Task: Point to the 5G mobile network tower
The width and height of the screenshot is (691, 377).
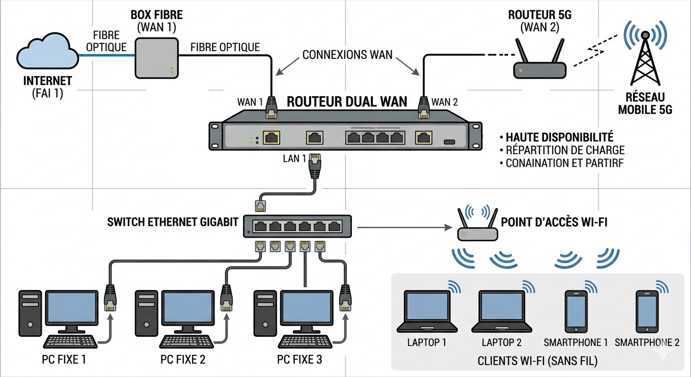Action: (x=644, y=59)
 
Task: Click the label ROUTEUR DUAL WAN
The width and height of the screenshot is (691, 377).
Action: (x=346, y=102)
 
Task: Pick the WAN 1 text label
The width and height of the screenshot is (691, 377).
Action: (x=250, y=102)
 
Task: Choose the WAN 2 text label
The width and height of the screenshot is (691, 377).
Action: (x=445, y=102)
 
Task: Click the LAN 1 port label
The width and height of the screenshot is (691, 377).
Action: (x=294, y=159)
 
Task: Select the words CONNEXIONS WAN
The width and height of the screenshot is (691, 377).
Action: (x=347, y=54)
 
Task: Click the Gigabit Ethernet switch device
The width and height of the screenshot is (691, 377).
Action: (x=297, y=226)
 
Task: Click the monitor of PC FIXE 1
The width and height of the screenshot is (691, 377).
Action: (x=72, y=308)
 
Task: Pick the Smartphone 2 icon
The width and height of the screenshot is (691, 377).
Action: (x=647, y=311)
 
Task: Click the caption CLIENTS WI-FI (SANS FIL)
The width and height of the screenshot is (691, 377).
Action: (x=537, y=362)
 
